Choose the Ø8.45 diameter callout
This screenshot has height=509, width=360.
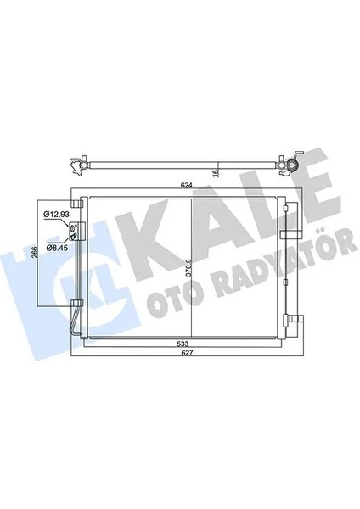click(x=56, y=247)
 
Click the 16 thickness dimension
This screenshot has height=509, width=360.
click(x=217, y=172)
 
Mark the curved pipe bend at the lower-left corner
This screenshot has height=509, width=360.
click(x=78, y=333)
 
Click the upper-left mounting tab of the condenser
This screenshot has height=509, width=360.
click(x=80, y=204)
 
